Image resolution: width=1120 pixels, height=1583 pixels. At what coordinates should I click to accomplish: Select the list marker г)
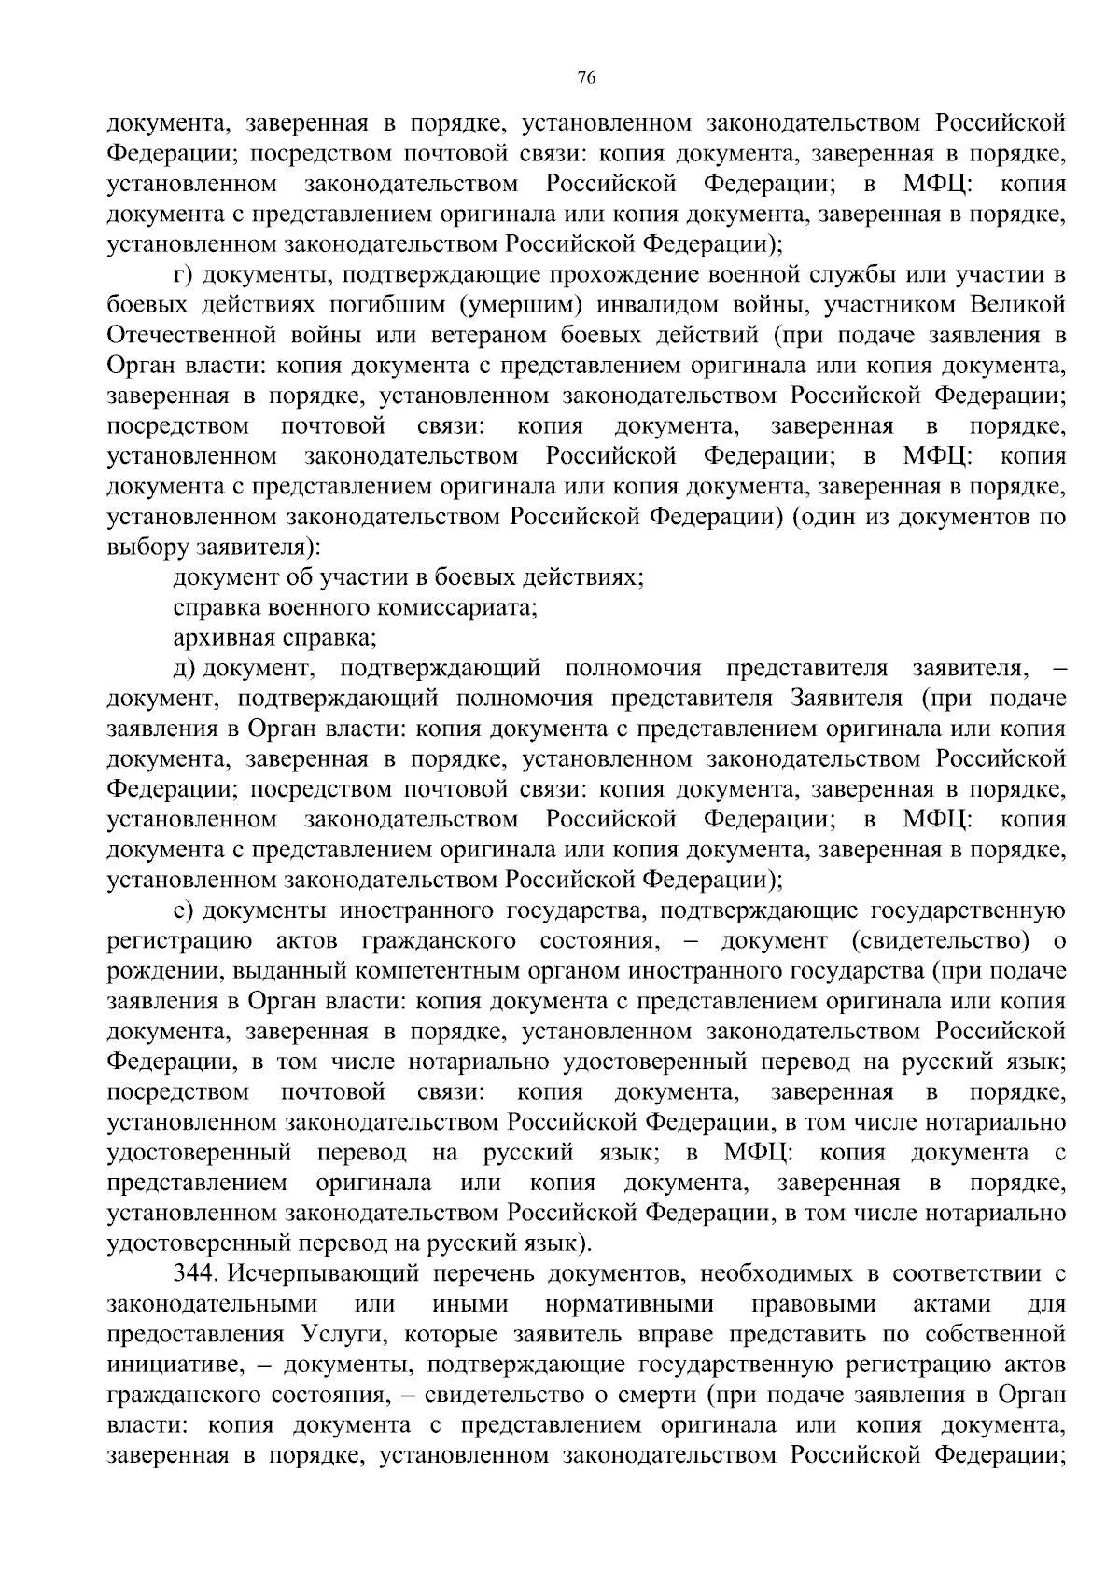click(x=183, y=275)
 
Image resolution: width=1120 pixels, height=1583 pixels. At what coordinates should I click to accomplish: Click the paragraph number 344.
click(x=195, y=1273)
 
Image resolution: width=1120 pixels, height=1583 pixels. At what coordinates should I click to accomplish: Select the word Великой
click(x=1016, y=305)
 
